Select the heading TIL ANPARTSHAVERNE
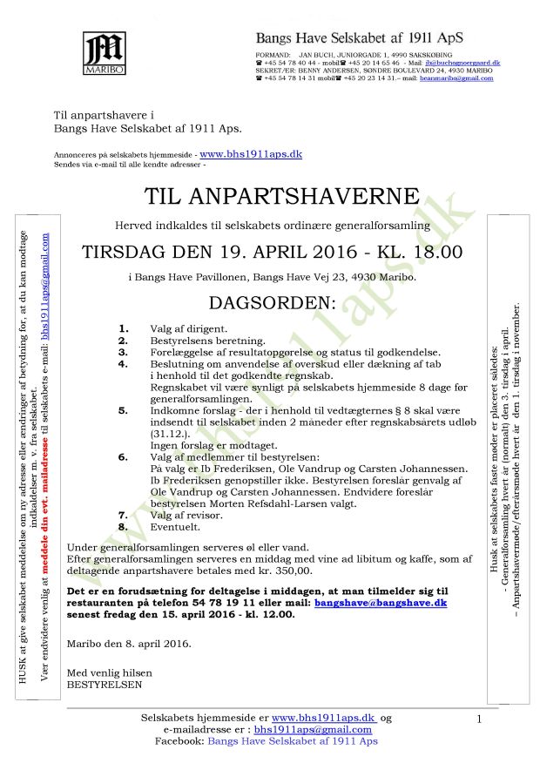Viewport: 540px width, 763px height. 269,195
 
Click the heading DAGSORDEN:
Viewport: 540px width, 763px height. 272,303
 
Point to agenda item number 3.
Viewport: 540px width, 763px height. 124,351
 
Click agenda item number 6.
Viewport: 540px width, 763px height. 124,457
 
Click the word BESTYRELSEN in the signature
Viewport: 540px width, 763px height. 103,685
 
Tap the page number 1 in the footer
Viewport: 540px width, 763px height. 479,719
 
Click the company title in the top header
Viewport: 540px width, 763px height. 359,38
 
